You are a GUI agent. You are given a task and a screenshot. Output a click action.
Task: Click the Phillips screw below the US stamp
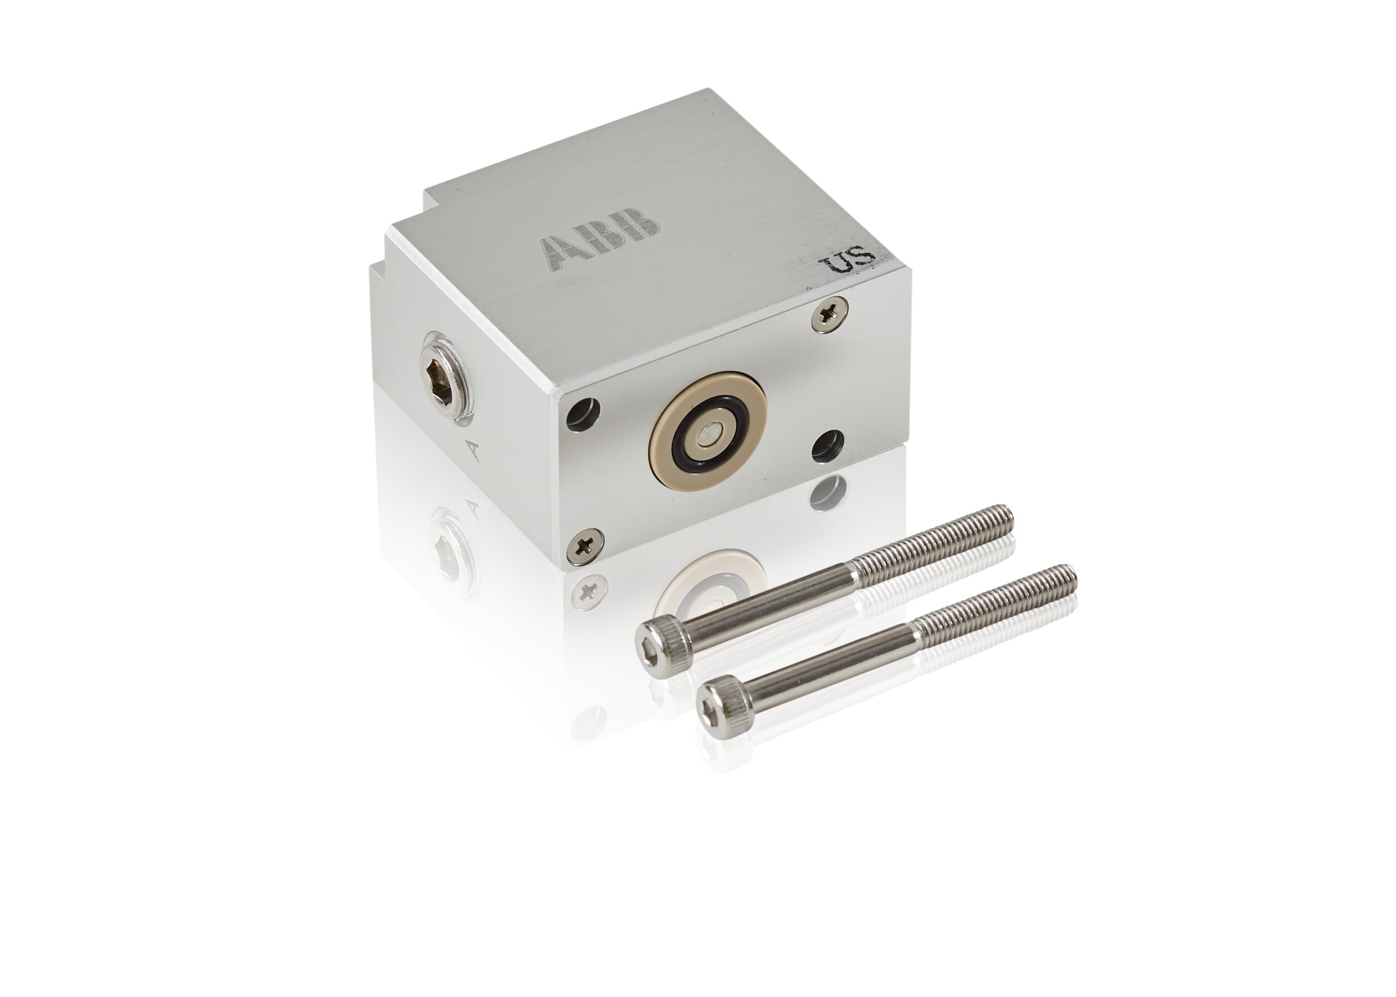click(829, 315)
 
